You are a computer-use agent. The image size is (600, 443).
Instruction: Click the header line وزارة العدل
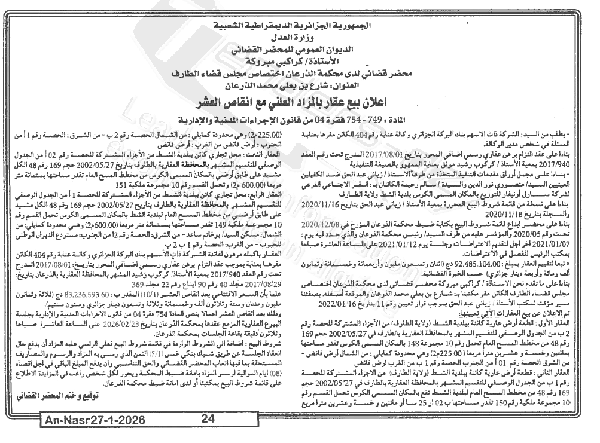[299, 38]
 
